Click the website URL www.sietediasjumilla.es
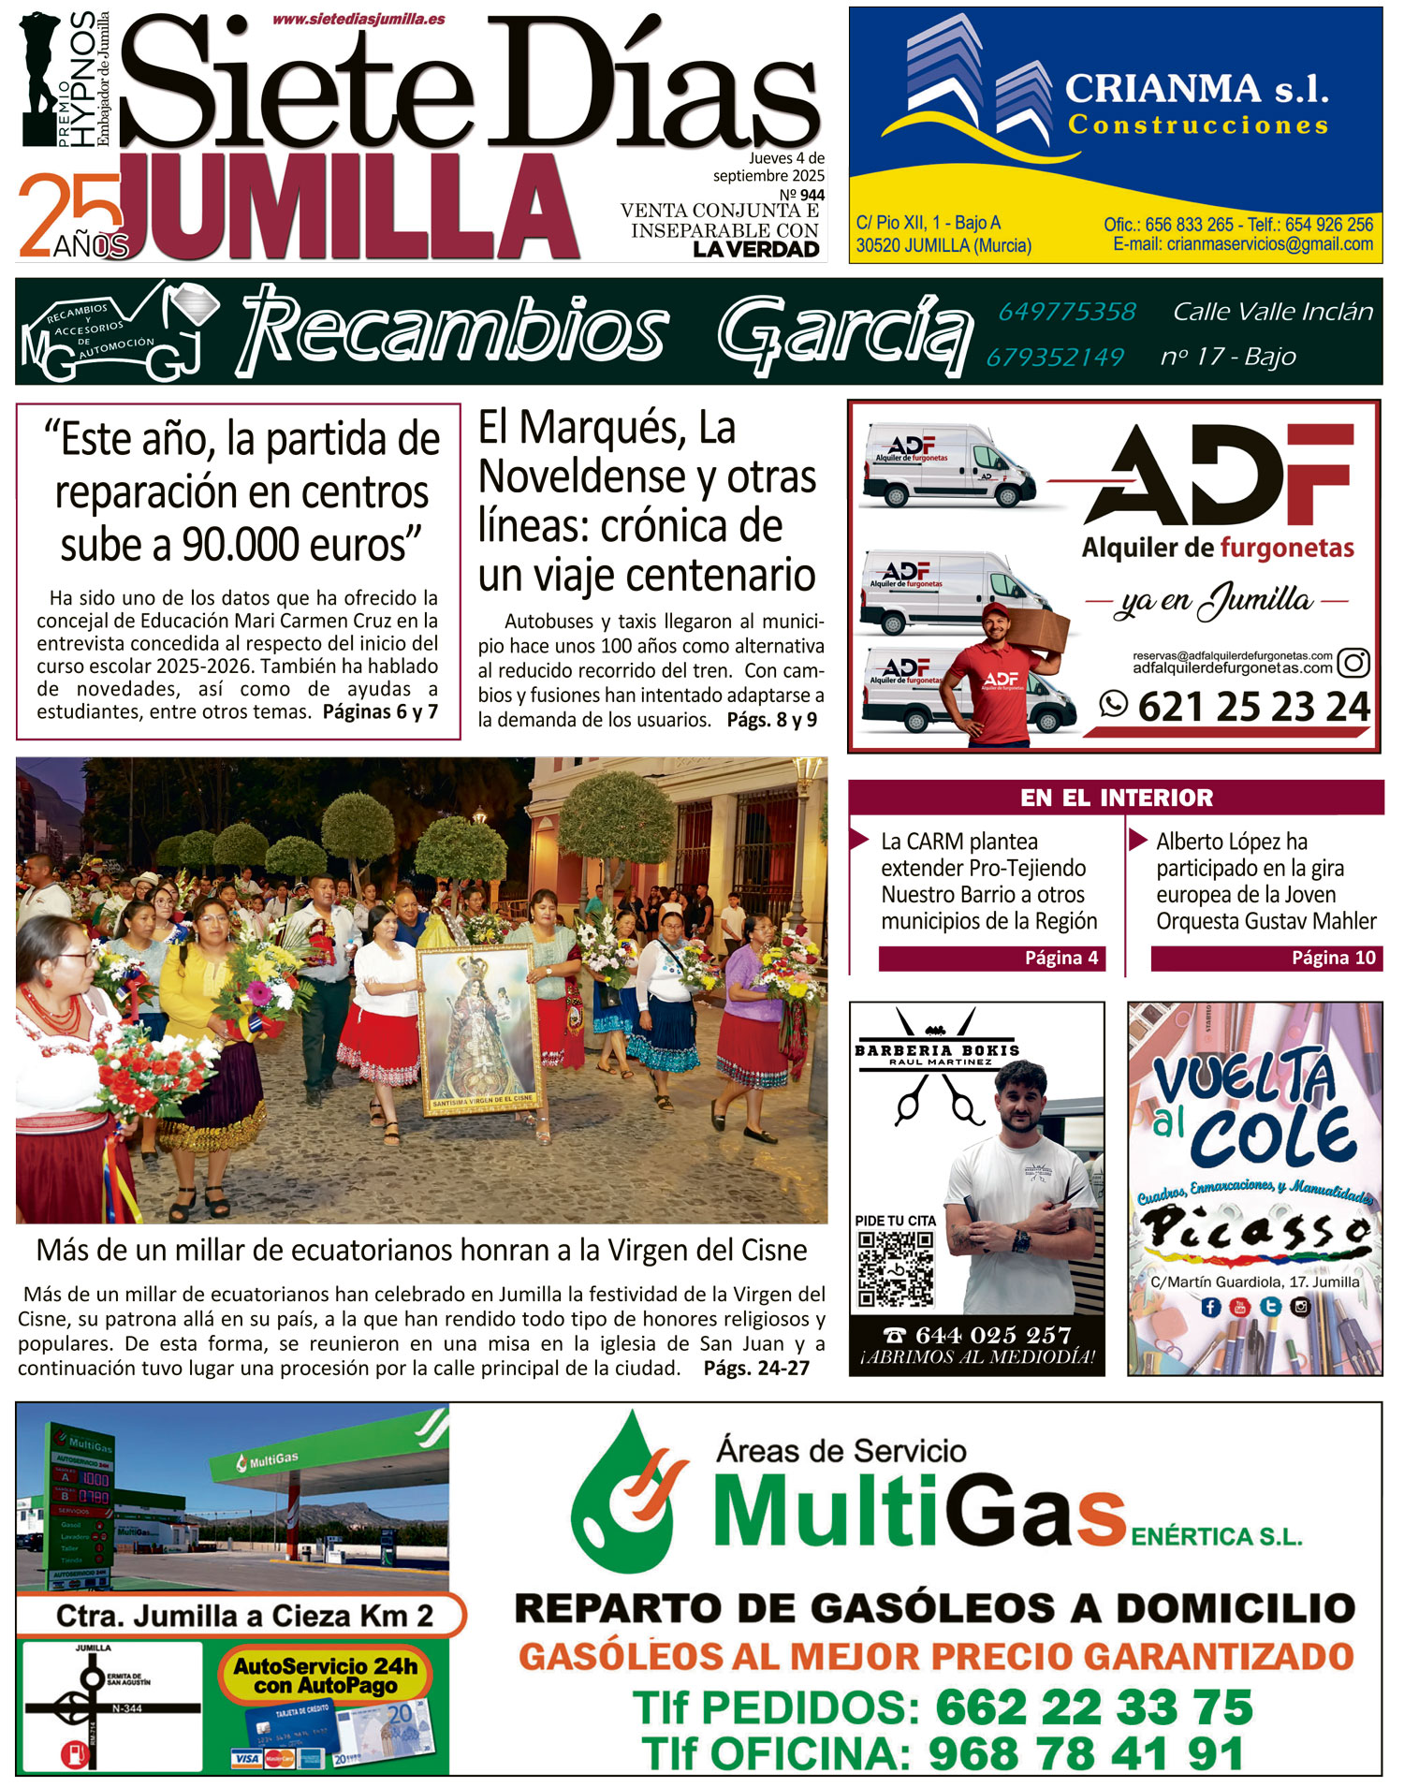[358, 19]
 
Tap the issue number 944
[812, 196]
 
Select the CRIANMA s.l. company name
[1197, 90]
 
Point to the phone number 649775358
[1067, 312]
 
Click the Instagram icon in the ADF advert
[1353, 663]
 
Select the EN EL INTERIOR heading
[1116, 798]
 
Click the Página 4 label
[1060, 958]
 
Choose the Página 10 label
[1333, 958]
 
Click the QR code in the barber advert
[896, 1269]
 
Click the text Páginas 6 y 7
[380, 711]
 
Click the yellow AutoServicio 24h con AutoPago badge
[326, 1676]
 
